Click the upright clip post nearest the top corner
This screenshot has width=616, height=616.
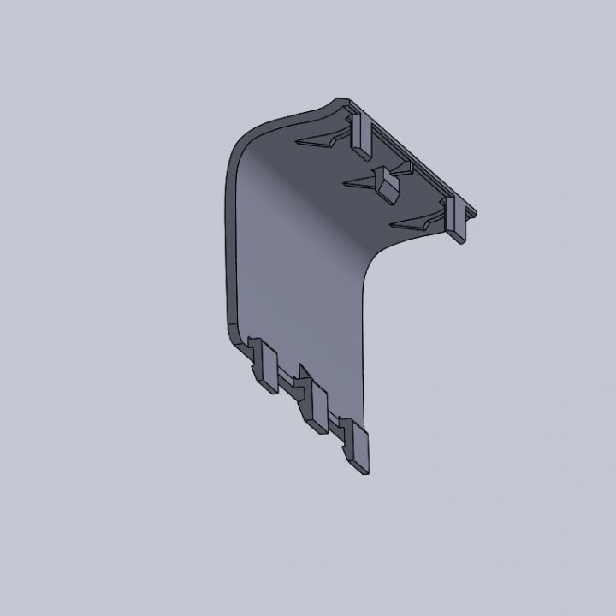[x=360, y=132]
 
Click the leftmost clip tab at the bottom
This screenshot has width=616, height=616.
[x=266, y=369]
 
